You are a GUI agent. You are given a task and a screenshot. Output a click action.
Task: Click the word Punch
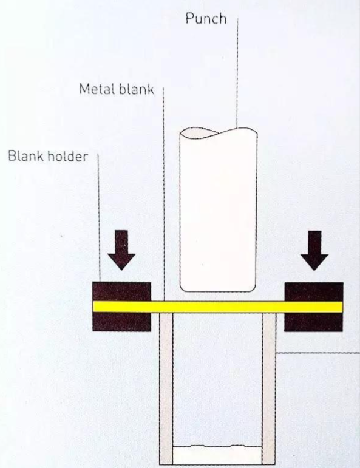coord(206,19)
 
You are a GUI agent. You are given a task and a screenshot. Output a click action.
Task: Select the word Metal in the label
coord(98,89)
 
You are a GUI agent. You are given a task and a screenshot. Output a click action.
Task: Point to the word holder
coord(67,157)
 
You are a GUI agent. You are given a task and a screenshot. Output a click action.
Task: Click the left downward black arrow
coord(122,249)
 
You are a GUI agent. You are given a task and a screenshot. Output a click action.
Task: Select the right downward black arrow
coord(314,249)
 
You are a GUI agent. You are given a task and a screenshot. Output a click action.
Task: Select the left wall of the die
coord(166,388)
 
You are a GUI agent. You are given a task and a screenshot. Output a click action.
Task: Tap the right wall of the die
coord(270,388)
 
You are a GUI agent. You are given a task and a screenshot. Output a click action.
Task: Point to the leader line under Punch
coord(237,73)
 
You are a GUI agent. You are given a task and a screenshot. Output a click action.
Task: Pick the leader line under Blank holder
coord(98,219)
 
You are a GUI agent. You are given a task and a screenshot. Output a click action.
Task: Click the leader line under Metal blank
coord(165,194)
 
